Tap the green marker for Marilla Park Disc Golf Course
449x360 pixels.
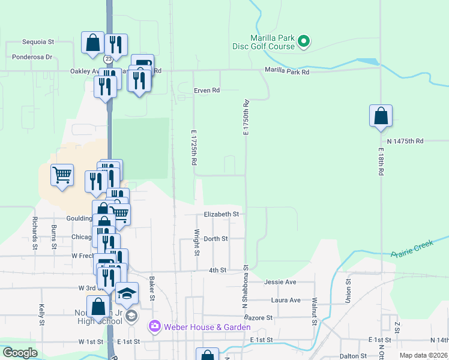pyautogui.click(x=304, y=41)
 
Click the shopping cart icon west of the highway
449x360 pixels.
pyautogui.click(x=62, y=176)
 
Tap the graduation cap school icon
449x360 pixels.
pyautogui.click(x=127, y=293)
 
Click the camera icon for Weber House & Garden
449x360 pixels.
pyautogui.click(x=155, y=327)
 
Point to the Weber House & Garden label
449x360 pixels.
pyautogui.click(x=206, y=327)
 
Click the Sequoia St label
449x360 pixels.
pyautogui.click(x=38, y=42)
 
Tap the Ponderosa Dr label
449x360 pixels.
pyautogui.click(x=32, y=58)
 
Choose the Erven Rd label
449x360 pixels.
pyautogui.click(x=206, y=91)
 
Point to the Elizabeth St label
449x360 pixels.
pyautogui.click(x=221, y=214)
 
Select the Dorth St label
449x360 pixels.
pyautogui.click(x=215, y=239)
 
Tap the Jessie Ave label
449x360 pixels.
pyautogui.click(x=280, y=282)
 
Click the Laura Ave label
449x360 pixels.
pyautogui.click(x=286, y=300)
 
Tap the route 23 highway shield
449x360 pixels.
pyautogui.click(x=107, y=59)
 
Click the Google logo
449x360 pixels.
pyautogui.click(x=20, y=353)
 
